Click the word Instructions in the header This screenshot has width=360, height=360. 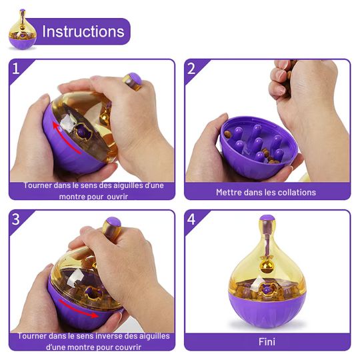pyautogui.click(x=83, y=31)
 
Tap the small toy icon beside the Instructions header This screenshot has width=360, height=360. pyautogui.click(x=22, y=29)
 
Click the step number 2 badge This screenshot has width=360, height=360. pyautogui.click(x=191, y=68)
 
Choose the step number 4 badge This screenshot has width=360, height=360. pyautogui.click(x=191, y=219)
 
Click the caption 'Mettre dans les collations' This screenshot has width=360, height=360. pyautogui.click(x=266, y=192)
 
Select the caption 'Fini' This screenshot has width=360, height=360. pyautogui.click(x=267, y=342)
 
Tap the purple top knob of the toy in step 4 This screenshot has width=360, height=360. pyautogui.click(x=267, y=219)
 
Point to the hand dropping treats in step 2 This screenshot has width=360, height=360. pyautogui.click(x=300, y=87)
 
